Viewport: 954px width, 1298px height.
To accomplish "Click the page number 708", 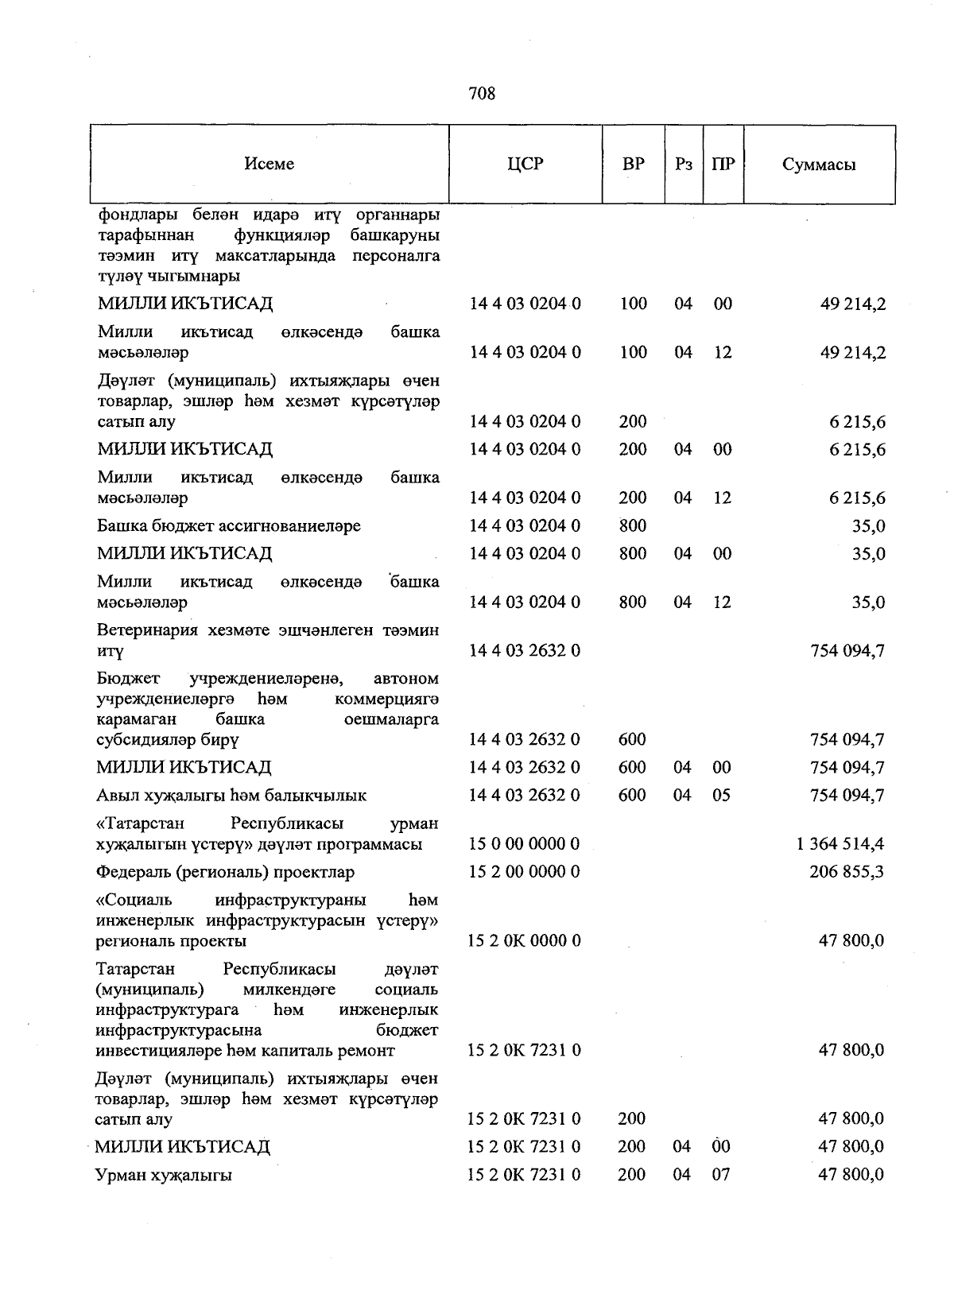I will click(x=482, y=94).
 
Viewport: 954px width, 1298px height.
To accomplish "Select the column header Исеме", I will click(x=270, y=164).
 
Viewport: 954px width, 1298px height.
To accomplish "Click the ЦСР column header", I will click(x=525, y=164).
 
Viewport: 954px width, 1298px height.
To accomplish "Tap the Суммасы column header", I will click(x=819, y=165).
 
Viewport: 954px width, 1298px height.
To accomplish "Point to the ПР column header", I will click(x=723, y=165).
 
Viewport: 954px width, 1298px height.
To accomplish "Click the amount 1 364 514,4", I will click(x=840, y=844).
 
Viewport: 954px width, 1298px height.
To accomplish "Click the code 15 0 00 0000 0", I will click(x=524, y=844).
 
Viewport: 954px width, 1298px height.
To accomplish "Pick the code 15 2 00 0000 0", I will click(x=524, y=872).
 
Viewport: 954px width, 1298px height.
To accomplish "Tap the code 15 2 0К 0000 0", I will click(x=524, y=941).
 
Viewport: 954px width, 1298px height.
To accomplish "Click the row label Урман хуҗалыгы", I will click(x=164, y=1175).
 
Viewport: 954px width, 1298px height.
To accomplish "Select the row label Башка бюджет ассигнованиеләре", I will click(x=229, y=526).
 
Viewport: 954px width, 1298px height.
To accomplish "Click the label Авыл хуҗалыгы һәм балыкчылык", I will click(x=231, y=796).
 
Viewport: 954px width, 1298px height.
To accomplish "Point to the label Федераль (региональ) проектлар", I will click(x=225, y=873).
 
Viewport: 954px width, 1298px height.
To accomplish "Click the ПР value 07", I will click(x=720, y=1175).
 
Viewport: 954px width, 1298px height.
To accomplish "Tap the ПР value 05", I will click(x=720, y=796).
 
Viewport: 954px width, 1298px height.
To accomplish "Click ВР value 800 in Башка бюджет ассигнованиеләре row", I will click(x=633, y=526).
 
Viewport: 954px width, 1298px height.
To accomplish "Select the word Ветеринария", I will click(x=144, y=630).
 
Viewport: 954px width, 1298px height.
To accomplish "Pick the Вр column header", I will click(x=633, y=165).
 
